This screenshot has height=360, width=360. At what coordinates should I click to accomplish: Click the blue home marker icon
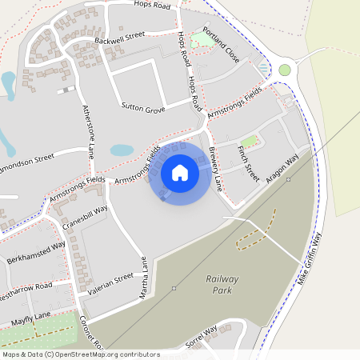point(180,173)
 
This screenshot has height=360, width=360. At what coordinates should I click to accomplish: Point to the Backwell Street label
point(118,36)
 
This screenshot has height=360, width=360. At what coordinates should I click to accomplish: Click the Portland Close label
point(221,46)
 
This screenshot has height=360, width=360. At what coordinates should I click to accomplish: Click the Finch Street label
point(249,161)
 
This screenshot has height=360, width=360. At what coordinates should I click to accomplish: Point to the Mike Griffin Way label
point(308,258)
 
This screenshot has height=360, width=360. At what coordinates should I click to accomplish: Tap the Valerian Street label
point(111,284)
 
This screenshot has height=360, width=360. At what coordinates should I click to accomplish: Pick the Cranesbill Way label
point(84,218)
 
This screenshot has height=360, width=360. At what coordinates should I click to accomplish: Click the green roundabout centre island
point(285,70)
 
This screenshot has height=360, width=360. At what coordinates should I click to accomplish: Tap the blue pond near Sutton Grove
point(122,150)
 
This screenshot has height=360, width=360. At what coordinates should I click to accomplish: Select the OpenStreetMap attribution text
point(80,354)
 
